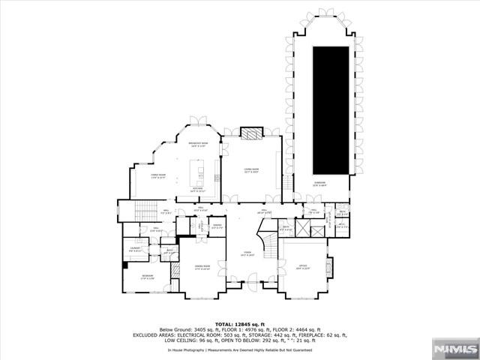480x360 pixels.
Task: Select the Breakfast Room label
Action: [x=196, y=144]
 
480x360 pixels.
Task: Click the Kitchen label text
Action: [x=197, y=190]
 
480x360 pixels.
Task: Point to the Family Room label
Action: [x=142, y=176]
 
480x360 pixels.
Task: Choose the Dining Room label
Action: [x=202, y=267]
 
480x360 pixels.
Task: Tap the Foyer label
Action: [x=247, y=253]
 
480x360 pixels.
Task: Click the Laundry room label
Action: [x=136, y=249]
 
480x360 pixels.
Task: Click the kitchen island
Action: [x=200, y=176]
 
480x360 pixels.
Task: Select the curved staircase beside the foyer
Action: [x=268, y=242]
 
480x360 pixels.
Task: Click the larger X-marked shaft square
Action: [x=314, y=231]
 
